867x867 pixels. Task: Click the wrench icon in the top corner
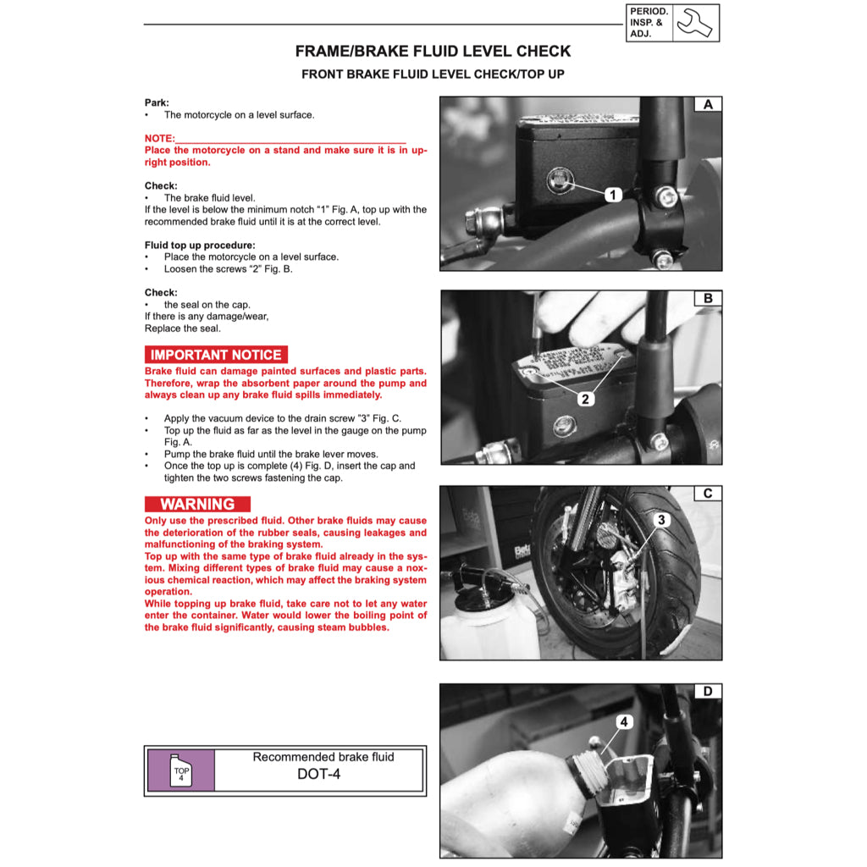point(696,23)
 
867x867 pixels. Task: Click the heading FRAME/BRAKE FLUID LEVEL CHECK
point(433,51)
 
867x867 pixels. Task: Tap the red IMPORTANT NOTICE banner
point(216,355)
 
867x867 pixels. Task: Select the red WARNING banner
point(197,504)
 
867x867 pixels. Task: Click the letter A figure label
point(708,104)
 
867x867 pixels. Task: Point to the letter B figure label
point(708,299)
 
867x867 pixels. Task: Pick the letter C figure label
point(708,494)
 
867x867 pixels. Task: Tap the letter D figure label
point(708,692)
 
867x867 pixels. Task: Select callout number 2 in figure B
point(586,399)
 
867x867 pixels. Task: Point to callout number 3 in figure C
point(662,519)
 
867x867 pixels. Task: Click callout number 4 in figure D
point(624,722)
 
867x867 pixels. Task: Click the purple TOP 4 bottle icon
point(180,770)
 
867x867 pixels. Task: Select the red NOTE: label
point(160,138)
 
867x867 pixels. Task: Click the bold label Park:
point(157,102)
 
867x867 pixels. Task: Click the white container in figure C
point(483,622)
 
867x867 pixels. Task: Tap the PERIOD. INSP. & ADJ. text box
point(649,23)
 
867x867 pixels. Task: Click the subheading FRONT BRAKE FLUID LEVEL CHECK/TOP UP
point(433,75)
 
